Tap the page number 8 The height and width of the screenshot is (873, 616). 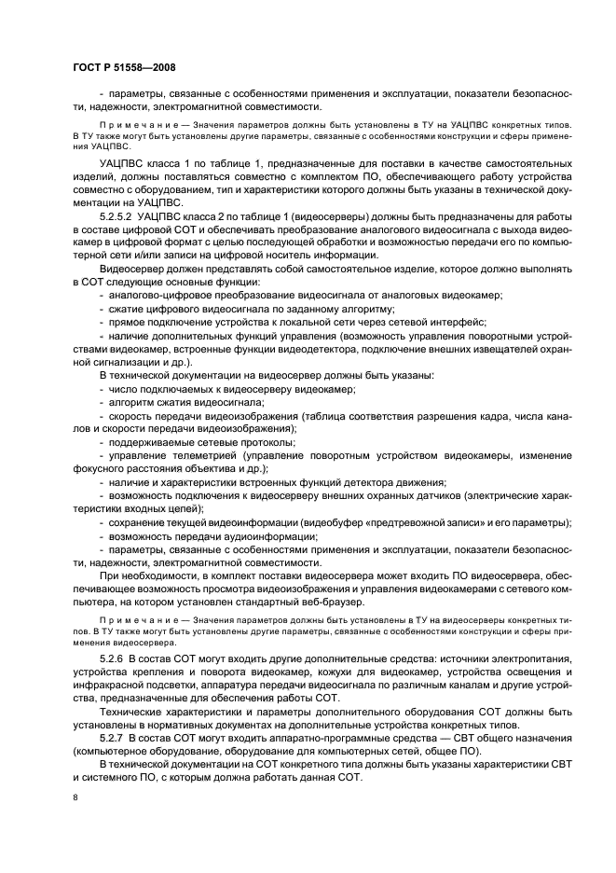[76, 798]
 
